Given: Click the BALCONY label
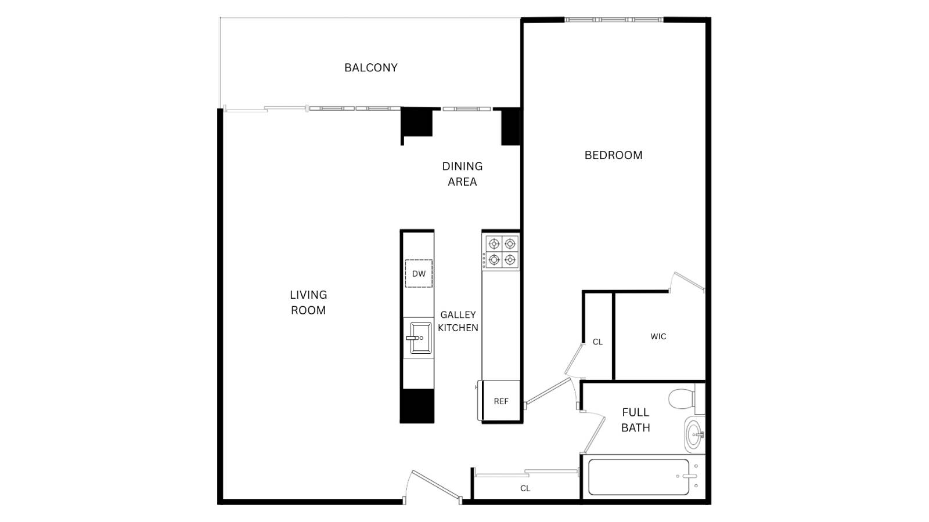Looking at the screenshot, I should pyautogui.click(x=370, y=68).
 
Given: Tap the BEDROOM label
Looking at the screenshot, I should pyautogui.click(x=613, y=155).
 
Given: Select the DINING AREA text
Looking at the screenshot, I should pyautogui.click(x=462, y=174).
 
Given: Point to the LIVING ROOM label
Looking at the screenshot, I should pyautogui.click(x=308, y=303).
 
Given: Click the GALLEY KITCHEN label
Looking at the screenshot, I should pyautogui.click(x=458, y=321).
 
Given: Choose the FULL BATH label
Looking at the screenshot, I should pyautogui.click(x=635, y=420).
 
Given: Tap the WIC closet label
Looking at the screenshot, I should pyautogui.click(x=658, y=336).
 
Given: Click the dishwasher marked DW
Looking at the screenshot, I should pyautogui.click(x=419, y=274).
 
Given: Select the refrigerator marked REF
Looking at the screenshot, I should pyautogui.click(x=500, y=401).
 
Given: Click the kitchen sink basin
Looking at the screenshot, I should pyautogui.click(x=419, y=338).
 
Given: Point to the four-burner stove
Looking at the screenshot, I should pyautogui.click(x=502, y=252).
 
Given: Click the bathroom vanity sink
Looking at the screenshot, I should pyautogui.click(x=693, y=434).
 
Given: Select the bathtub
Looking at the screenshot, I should pyautogui.click(x=639, y=477).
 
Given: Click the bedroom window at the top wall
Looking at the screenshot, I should pyautogui.click(x=614, y=20).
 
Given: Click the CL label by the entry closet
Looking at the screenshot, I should pyautogui.click(x=525, y=488).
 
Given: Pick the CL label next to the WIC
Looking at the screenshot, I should pyautogui.click(x=597, y=342).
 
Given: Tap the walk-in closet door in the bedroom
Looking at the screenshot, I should pyautogui.click(x=687, y=282).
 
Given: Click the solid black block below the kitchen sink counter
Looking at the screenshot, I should pyautogui.click(x=417, y=405).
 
